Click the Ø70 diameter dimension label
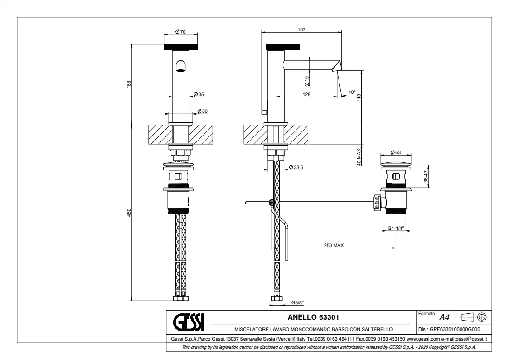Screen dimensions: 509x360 pyautogui.click(x=180, y=32)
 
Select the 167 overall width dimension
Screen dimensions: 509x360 pyautogui.click(x=301, y=29)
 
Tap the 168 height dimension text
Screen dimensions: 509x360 pyautogui.click(x=129, y=84)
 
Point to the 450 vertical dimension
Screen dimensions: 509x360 pyautogui.click(x=129, y=213)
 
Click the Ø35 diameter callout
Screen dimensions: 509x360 pyautogui.click(x=199, y=94)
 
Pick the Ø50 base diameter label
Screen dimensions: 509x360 pyautogui.click(x=202, y=112)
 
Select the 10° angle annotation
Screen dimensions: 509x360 pyautogui.click(x=352, y=92)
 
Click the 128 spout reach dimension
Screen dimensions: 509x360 pyautogui.click(x=306, y=94)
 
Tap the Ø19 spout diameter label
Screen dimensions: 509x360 pyautogui.click(x=307, y=81)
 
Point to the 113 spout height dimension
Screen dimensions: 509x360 pyautogui.click(x=359, y=98)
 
